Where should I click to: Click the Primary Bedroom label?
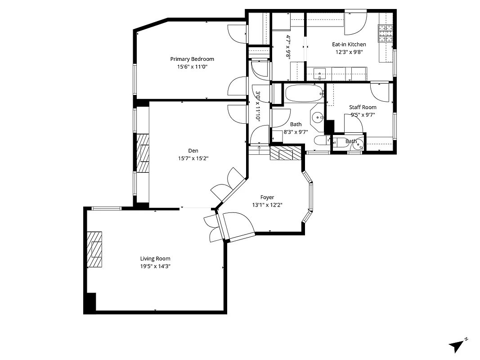(x=192, y=59)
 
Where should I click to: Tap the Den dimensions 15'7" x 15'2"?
(x=193, y=158)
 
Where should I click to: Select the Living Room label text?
(x=155, y=259)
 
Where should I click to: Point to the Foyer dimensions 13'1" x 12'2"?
(x=267, y=205)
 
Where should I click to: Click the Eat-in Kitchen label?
(x=349, y=45)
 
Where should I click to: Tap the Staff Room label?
(x=363, y=107)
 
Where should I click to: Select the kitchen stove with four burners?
(x=385, y=32)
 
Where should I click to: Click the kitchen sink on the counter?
(x=320, y=72)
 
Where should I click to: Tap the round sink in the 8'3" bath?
(x=318, y=118)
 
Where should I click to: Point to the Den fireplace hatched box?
(x=143, y=153)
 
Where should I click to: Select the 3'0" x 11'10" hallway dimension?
(x=258, y=107)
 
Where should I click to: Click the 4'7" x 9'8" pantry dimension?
(x=288, y=47)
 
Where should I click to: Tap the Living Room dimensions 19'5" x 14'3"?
(x=155, y=266)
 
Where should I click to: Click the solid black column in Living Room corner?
(x=90, y=302)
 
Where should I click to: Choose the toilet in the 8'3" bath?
(x=320, y=140)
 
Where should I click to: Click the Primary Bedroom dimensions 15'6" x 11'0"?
(x=192, y=67)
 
